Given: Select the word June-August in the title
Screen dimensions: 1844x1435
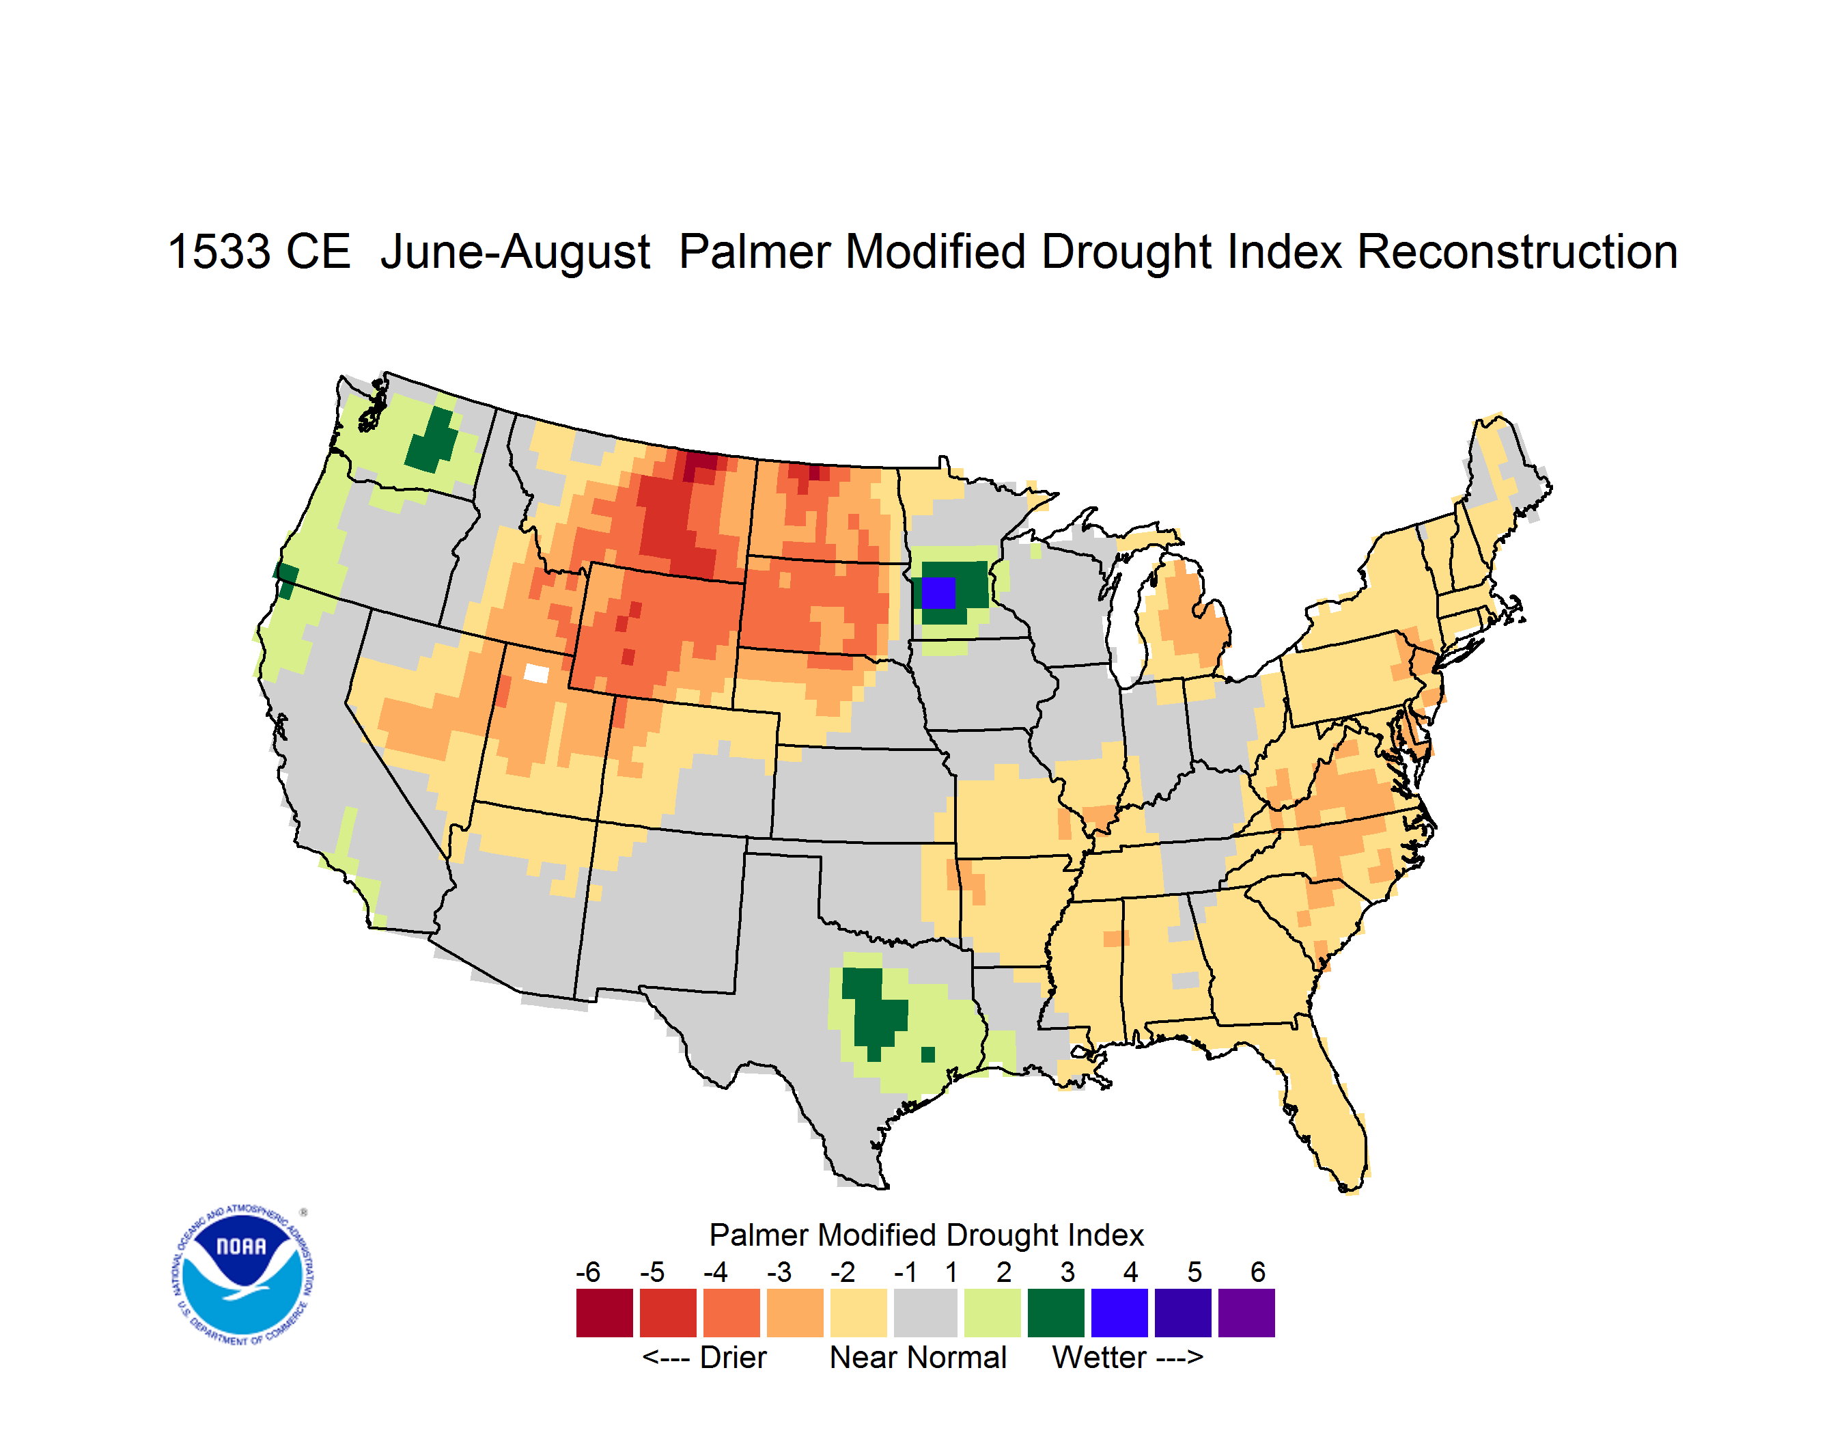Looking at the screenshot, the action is pyautogui.click(x=515, y=253).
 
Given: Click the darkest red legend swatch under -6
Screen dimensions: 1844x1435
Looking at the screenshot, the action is pyautogui.click(x=604, y=1313).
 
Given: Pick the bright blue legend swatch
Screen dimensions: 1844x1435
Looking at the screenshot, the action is pyautogui.click(x=1119, y=1313).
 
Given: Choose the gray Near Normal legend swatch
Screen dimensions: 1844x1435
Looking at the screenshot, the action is pyautogui.click(x=925, y=1313).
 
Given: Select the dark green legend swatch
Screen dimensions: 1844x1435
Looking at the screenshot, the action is pyautogui.click(x=1055, y=1313).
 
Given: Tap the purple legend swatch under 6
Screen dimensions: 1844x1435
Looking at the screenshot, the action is pyautogui.click(x=1246, y=1313).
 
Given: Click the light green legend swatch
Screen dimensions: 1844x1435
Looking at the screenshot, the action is pyautogui.click(x=992, y=1313).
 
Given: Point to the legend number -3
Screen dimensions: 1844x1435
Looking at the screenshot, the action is pyautogui.click(x=779, y=1272).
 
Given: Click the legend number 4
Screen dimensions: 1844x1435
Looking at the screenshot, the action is pyautogui.click(x=1130, y=1272).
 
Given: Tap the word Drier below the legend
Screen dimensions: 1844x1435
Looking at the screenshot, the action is pyautogui.click(x=733, y=1357).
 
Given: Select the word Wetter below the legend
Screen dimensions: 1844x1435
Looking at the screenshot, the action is pyautogui.click(x=1100, y=1357).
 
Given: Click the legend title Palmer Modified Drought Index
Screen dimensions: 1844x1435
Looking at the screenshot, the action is pyautogui.click(x=926, y=1235).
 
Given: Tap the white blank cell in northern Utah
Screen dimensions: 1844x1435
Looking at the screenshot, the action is pyautogui.click(x=537, y=673).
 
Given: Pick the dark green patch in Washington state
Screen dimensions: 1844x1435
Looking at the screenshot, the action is pyautogui.click(x=432, y=440).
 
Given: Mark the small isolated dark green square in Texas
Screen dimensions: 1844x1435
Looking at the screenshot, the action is pyautogui.click(x=928, y=1054).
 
